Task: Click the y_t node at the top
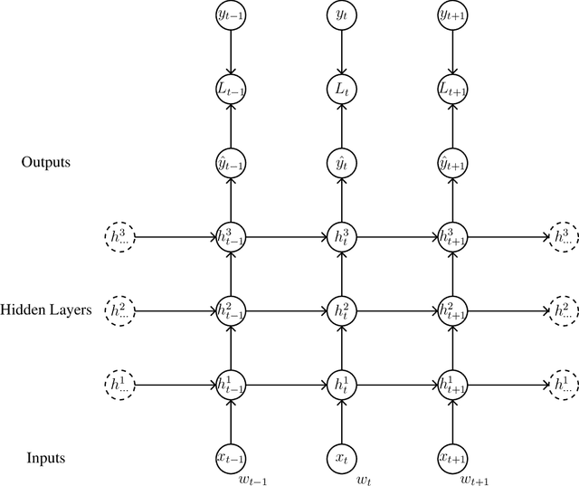click(x=341, y=14)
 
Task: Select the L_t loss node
click(x=341, y=89)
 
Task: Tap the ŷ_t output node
click(x=341, y=163)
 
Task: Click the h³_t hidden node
click(x=341, y=236)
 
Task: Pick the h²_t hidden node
click(x=341, y=310)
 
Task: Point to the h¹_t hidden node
click(x=341, y=384)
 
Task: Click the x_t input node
click(x=341, y=458)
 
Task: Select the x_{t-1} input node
click(x=233, y=458)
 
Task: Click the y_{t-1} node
click(x=233, y=14)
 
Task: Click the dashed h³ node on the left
click(x=120, y=236)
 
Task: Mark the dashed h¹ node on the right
click(x=563, y=384)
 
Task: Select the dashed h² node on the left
click(x=120, y=310)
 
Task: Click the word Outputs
click(x=45, y=163)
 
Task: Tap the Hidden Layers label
click(x=46, y=310)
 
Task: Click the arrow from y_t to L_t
click(x=341, y=52)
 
